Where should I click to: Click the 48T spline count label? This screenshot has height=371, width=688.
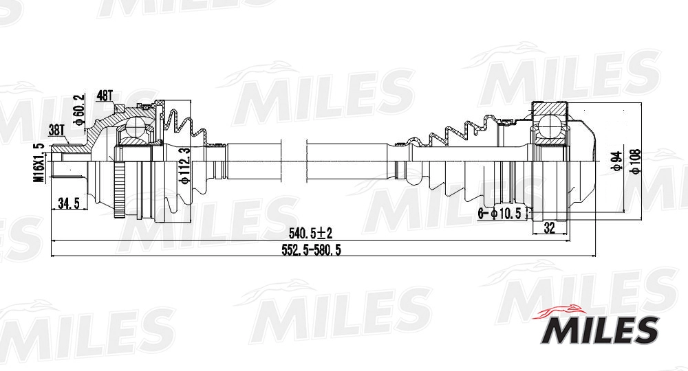click(105, 95)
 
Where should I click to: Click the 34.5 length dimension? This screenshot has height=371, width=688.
click(68, 203)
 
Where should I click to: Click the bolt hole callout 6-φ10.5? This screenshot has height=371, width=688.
click(502, 214)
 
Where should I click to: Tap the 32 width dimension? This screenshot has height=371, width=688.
click(549, 229)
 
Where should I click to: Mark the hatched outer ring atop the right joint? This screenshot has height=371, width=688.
click(550, 107)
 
